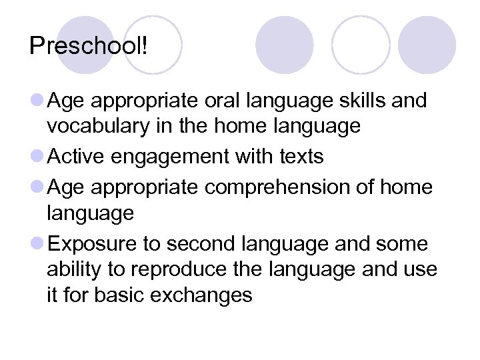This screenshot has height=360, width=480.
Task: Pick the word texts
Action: tap(299, 157)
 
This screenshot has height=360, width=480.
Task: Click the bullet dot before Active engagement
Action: tap(37, 157)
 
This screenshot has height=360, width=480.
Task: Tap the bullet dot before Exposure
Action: tap(37, 244)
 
